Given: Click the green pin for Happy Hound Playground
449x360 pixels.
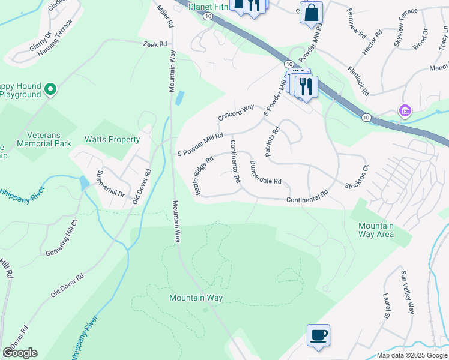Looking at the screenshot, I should (x=50, y=90).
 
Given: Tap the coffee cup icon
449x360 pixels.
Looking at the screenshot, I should (x=318, y=335).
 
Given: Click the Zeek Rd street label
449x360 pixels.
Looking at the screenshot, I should (x=154, y=44).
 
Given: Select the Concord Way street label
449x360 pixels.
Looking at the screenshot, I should (x=237, y=113).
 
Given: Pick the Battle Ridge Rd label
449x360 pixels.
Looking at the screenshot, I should (x=204, y=176).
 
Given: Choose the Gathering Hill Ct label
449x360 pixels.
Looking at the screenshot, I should (x=62, y=238).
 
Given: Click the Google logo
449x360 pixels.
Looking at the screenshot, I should (x=20, y=353).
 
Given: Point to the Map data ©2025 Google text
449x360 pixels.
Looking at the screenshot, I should (x=411, y=355).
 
